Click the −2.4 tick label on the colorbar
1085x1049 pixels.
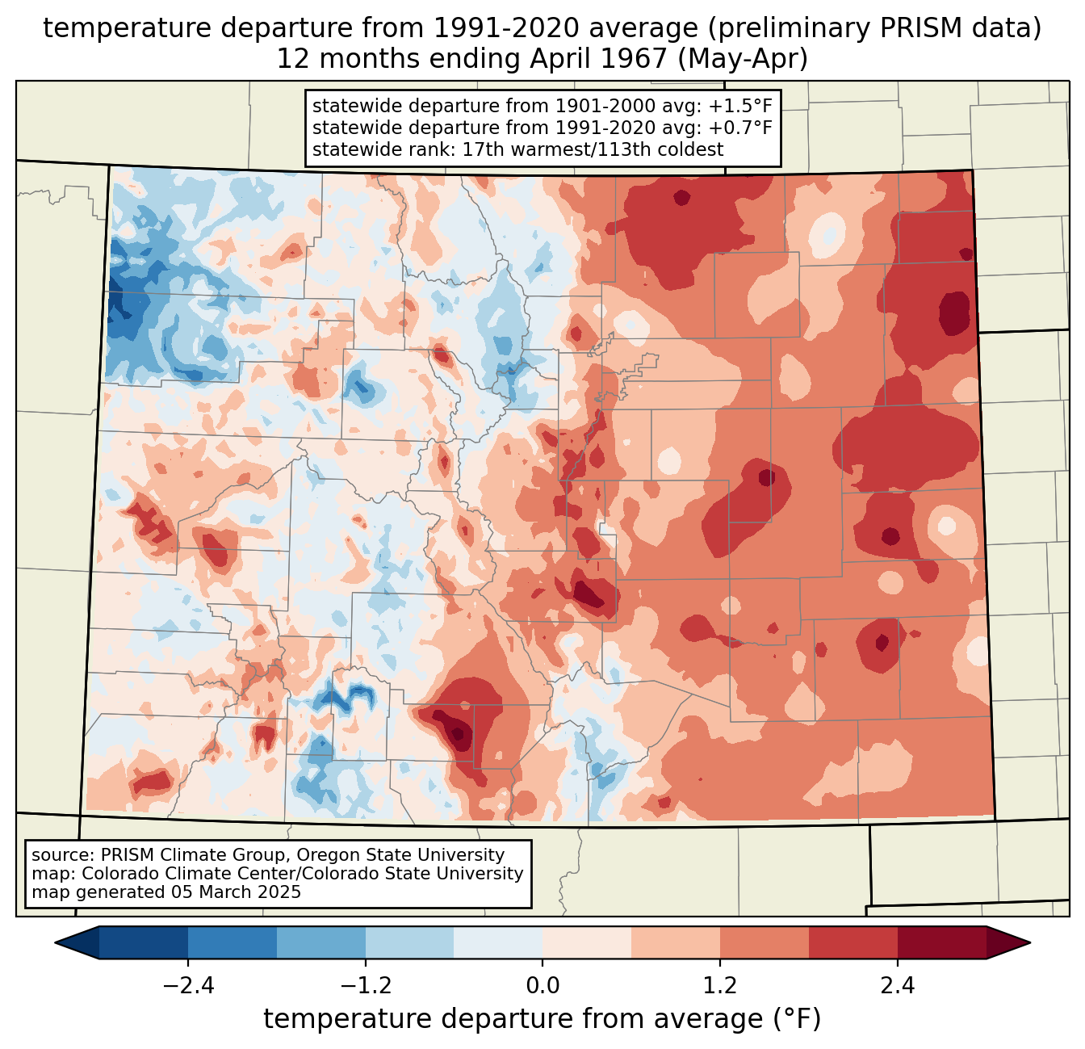(188, 986)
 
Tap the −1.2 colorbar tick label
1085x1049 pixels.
(366, 986)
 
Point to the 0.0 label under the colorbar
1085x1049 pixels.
(542, 986)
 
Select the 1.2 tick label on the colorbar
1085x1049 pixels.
(720, 986)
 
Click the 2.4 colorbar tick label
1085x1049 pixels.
(898, 986)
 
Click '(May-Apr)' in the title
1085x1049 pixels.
(743, 59)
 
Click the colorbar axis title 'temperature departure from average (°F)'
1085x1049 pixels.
(542, 1019)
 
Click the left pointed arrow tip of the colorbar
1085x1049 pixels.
(56, 942)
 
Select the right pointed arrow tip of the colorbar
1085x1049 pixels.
(1030, 942)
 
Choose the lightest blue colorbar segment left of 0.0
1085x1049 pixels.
(498, 942)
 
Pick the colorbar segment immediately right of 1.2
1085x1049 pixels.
(765, 942)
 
